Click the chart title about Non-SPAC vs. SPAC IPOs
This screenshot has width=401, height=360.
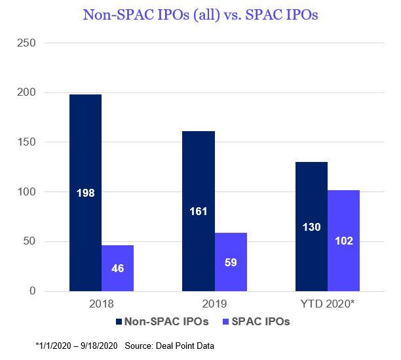pos(200,14)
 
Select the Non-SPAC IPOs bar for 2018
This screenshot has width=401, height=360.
pos(85,151)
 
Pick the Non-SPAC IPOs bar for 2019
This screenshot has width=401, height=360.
pos(199,170)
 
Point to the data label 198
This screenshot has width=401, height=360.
pos(85,193)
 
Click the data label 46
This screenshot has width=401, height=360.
pos(117,268)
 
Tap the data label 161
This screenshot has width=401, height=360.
pos(199,212)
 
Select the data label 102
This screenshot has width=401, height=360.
pos(344,241)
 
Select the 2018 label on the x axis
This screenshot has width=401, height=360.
pos(102,305)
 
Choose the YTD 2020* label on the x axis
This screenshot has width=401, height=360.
pos(328,305)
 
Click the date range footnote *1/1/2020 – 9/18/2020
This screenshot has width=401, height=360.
pos(81,345)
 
